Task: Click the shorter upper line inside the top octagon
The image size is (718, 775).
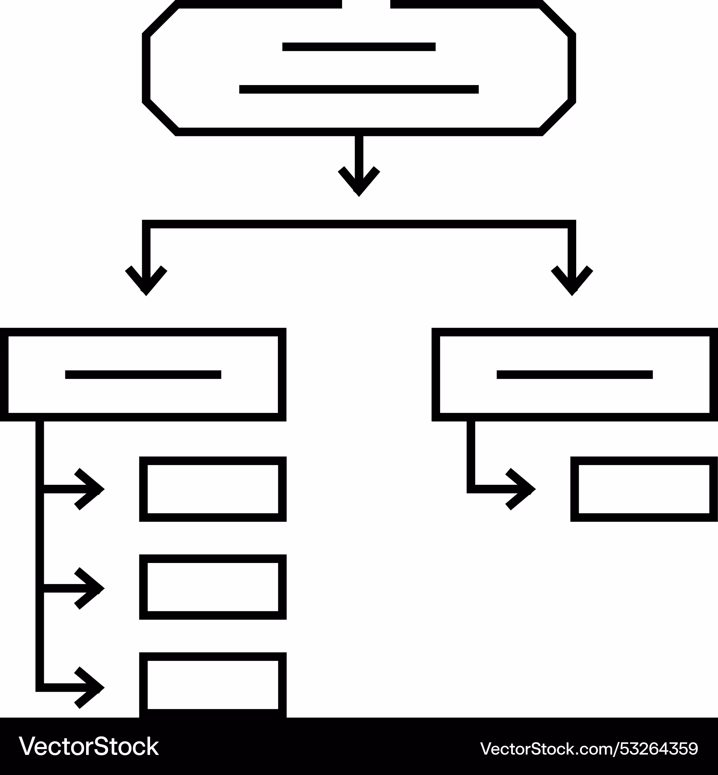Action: (359, 47)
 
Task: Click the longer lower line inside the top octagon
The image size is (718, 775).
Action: (359, 89)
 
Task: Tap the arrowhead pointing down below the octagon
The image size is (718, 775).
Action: (359, 182)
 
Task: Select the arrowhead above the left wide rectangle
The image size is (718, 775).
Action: (146, 281)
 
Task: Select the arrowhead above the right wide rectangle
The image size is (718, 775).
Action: (572, 281)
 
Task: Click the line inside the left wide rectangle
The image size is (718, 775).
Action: (143, 374)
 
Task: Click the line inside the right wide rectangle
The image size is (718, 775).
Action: (575, 374)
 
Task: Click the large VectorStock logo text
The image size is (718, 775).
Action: (89, 746)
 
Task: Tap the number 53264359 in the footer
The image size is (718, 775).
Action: (659, 748)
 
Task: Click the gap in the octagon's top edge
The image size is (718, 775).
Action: (366, 4)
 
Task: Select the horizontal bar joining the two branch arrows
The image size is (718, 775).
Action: (359, 224)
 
